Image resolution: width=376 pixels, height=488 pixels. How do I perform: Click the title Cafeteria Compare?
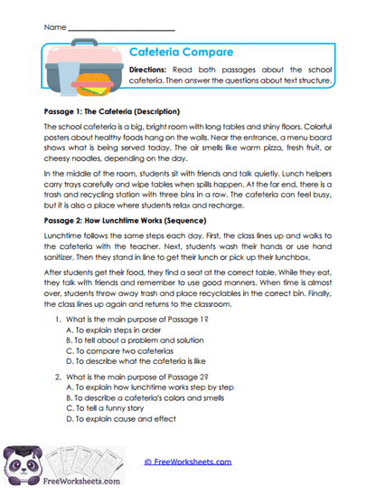(182, 53)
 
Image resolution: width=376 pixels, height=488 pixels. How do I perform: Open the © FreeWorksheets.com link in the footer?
(187, 462)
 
